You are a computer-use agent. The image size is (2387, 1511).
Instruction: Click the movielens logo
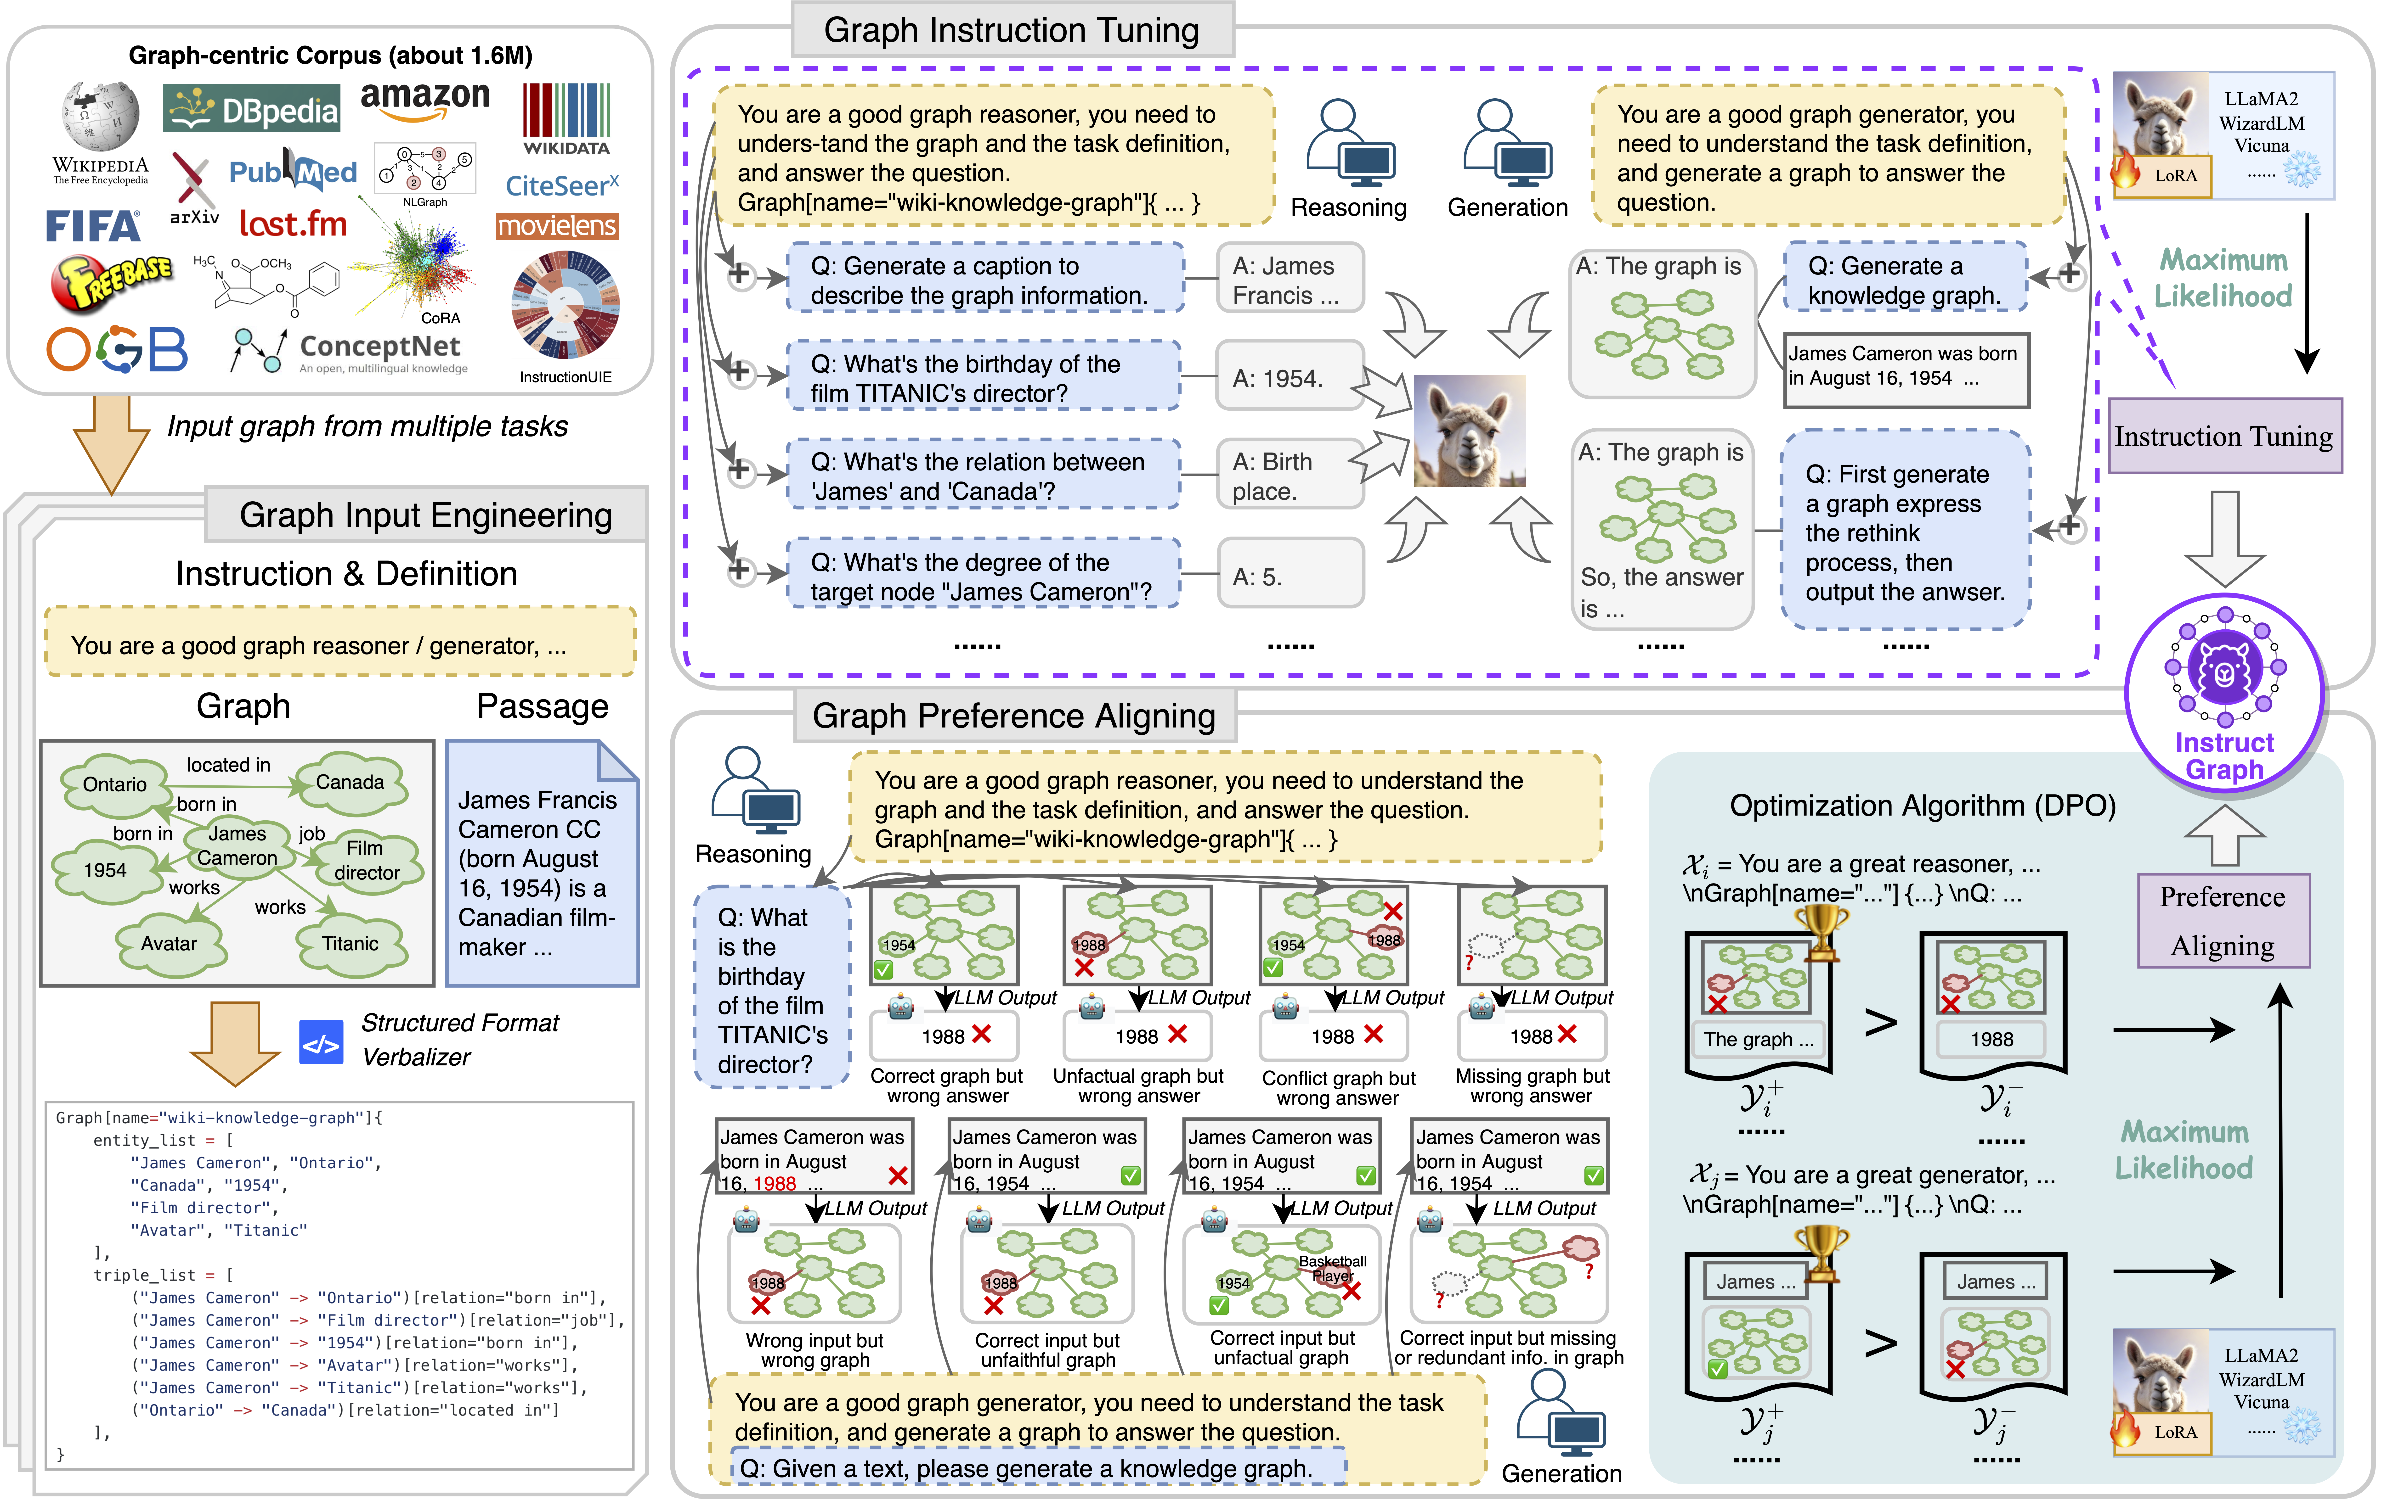coord(557,226)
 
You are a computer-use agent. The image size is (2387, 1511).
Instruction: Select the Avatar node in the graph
coord(169,943)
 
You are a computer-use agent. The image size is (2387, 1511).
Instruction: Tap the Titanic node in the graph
coord(350,943)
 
